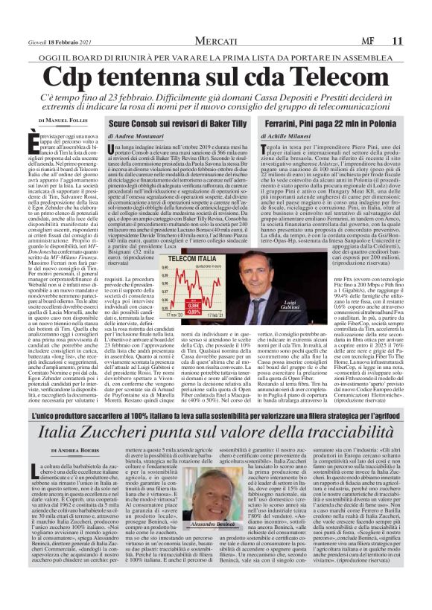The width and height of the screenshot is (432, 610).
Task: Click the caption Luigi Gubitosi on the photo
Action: click(288, 306)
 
